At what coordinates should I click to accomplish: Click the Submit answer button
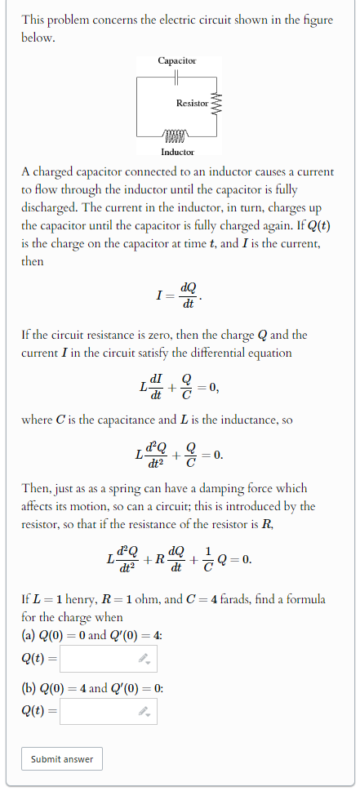tap(62, 759)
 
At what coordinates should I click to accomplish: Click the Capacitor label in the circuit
tap(177, 61)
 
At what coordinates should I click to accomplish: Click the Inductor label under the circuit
tap(177, 152)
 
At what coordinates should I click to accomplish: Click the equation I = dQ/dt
tap(179, 296)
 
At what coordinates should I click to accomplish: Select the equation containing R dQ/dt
tap(179, 559)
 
